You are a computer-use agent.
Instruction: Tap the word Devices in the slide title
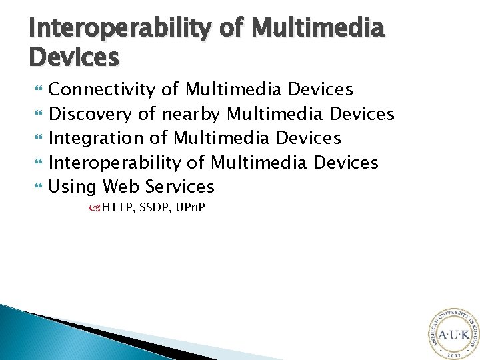coord(74,57)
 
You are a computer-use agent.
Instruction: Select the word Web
coord(121,186)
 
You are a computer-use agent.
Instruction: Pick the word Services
coord(179,186)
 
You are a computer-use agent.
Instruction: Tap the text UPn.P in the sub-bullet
coord(190,208)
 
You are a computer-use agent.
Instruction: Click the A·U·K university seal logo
coord(452,333)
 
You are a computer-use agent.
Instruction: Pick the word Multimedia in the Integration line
coord(223,138)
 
